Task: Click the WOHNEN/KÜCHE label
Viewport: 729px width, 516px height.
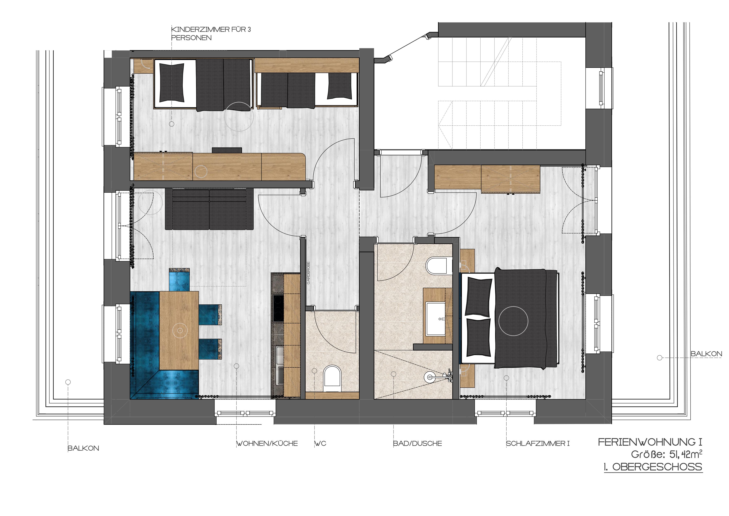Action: (267, 444)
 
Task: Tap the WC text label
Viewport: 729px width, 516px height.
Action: (320, 444)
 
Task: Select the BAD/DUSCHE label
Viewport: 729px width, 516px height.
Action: (418, 444)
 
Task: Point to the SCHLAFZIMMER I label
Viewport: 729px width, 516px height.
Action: (538, 444)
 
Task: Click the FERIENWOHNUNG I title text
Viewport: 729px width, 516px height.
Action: (650, 442)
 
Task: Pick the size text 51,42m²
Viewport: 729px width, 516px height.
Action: (686, 454)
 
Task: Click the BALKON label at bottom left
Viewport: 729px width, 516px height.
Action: (83, 448)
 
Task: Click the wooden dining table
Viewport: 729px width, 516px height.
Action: (179, 330)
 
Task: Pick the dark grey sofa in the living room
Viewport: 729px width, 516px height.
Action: (209, 209)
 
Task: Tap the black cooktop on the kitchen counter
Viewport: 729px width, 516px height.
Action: (278, 308)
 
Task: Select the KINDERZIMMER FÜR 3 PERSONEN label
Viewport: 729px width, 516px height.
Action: (211, 33)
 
